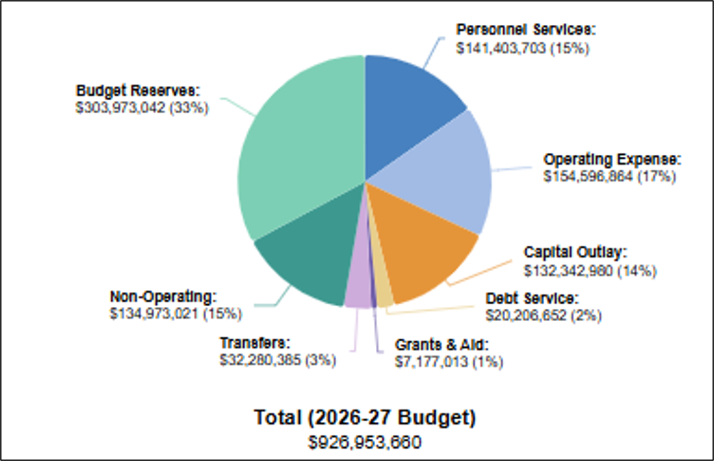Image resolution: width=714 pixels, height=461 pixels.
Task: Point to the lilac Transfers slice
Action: coord(358,291)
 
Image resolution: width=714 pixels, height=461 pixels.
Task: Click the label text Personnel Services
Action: coord(526,30)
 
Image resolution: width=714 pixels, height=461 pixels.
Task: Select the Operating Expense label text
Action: coord(612,159)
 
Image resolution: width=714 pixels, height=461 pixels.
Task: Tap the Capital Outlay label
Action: coord(575,252)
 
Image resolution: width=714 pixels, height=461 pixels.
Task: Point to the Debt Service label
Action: coord(532,299)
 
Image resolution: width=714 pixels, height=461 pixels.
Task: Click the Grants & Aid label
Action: coord(442,345)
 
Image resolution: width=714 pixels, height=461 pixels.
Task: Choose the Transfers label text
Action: coord(255,343)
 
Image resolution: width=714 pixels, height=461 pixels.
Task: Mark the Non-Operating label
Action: coord(164,297)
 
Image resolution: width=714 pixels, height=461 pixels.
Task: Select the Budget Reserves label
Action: coord(138,91)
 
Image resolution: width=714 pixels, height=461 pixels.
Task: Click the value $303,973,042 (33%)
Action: coord(142,108)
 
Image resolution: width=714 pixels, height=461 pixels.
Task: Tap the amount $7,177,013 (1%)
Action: coord(449,362)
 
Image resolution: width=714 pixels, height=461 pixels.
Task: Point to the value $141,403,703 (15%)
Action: coord(523,48)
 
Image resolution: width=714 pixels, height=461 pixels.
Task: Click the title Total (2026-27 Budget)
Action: coord(364,418)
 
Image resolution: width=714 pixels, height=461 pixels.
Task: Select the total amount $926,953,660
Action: coord(364,442)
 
